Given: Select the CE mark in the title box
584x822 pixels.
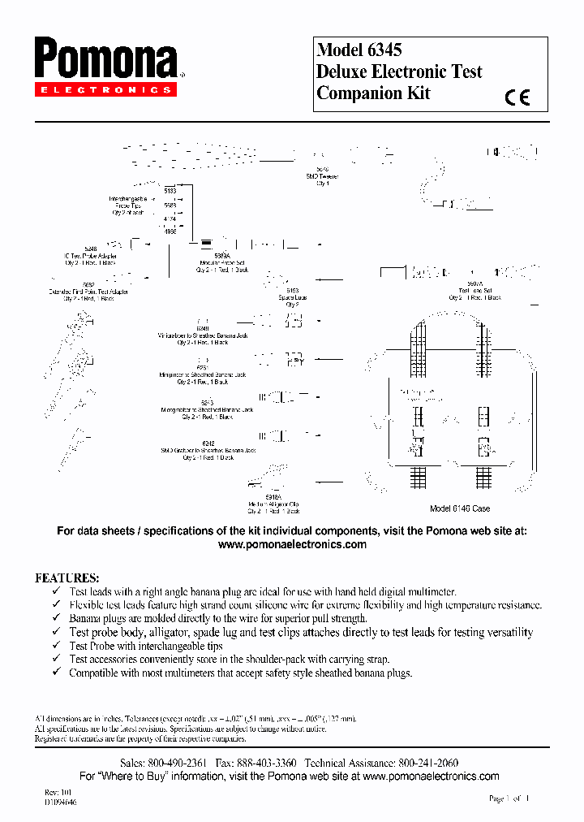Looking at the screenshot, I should (x=517, y=97).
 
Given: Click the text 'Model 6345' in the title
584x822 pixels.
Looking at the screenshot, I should (x=359, y=50).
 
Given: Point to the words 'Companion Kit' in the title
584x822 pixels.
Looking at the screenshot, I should (x=373, y=93).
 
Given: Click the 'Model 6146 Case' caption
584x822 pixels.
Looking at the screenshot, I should (x=459, y=508).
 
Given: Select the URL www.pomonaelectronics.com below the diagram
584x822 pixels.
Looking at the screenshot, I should (x=292, y=545).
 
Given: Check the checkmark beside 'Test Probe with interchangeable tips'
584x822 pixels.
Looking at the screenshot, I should (x=56, y=647).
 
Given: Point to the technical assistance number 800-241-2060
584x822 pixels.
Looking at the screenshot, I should (x=427, y=764).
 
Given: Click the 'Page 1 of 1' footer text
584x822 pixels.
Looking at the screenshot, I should (x=509, y=798).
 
